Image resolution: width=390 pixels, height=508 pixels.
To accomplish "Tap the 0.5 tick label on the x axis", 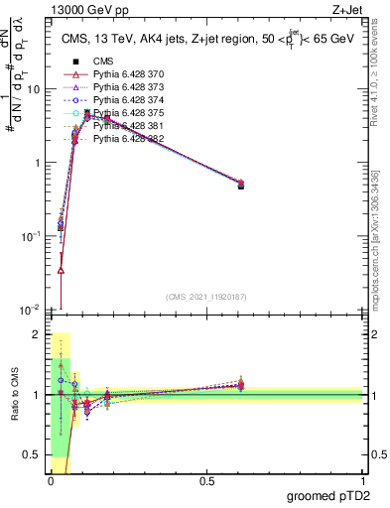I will pos(206,480).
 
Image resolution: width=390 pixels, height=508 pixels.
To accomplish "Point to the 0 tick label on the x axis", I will pos(51,480).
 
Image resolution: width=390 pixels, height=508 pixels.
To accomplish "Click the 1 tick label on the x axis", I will pos(362,480).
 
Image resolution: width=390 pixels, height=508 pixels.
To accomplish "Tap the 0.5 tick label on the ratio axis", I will pos(36,454).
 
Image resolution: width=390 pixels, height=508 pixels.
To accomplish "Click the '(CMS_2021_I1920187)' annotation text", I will pos(206,298).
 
